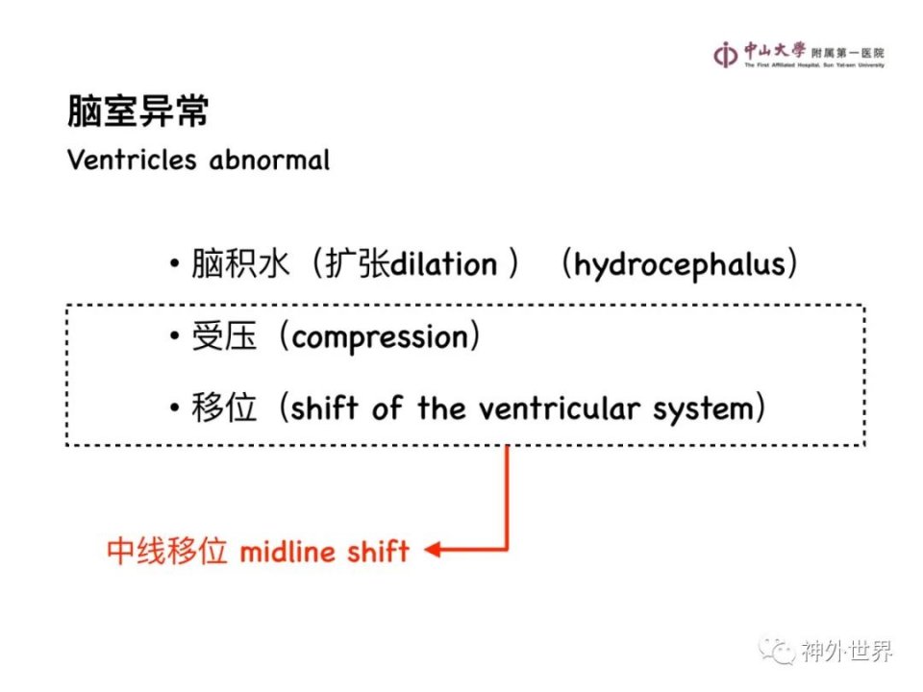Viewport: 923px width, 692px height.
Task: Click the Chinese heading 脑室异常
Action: pyautogui.click(x=138, y=111)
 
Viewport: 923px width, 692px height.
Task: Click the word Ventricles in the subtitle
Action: pyautogui.click(x=132, y=161)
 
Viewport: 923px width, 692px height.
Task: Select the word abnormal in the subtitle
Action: pyautogui.click(x=269, y=161)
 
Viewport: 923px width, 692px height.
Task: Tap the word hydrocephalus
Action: pyautogui.click(x=680, y=265)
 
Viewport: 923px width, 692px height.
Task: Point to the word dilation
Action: pyautogui.click(x=444, y=264)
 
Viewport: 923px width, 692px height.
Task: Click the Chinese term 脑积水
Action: pyautogui.click(x=240, y=263)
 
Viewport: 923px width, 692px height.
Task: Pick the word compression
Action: pyautogui.click(x=380, y=337)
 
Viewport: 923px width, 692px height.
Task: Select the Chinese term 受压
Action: pyautogui.click(x=224, y=336)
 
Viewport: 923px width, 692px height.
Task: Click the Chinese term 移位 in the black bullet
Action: pyautogui.click(x=224, y=408)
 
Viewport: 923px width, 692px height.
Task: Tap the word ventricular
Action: pyautogui.click(x=559, y=408)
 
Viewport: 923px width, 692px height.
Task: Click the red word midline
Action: pyautogui.click(x=287, y=552)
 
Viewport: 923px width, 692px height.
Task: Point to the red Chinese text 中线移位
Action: pyautogui.click(x=167, y=552)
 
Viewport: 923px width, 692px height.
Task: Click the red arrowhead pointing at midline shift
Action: pyautogui.click(x=433, y=550)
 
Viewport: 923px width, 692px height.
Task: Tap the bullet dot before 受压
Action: pyautogui.click(x=174, y=336)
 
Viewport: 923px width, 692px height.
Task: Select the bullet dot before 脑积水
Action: pyautogui.click(x=174, y=263)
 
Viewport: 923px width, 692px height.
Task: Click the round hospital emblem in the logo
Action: pyautogui.click(x=725, y=56)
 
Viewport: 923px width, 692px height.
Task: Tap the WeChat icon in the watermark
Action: pyautogui.click(x=777, y=651)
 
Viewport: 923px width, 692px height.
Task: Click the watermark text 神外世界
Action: pyautogui.click(x=846, y=652)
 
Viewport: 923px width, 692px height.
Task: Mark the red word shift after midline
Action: pyautogui.click(x=378, y=552)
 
